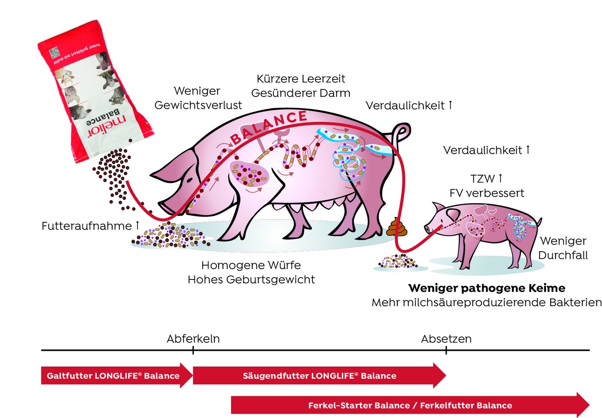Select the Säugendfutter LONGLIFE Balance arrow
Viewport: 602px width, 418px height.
point(319,375)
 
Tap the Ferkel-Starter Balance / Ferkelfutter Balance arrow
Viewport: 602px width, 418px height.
point(410,405)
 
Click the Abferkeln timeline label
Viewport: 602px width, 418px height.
point(193,339)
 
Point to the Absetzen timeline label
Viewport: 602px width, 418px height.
point(446,339)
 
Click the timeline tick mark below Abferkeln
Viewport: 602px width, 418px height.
point(193,350)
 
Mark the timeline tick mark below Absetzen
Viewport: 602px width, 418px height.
point(446,350)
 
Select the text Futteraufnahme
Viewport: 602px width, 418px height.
point(87,226)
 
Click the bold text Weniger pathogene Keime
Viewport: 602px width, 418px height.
point(487,288)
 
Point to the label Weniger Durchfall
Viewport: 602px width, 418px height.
point(563,248)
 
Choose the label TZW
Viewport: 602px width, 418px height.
point(482,179)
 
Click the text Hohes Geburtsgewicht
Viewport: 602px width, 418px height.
point(251,279)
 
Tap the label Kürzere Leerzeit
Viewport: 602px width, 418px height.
point(301,79)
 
